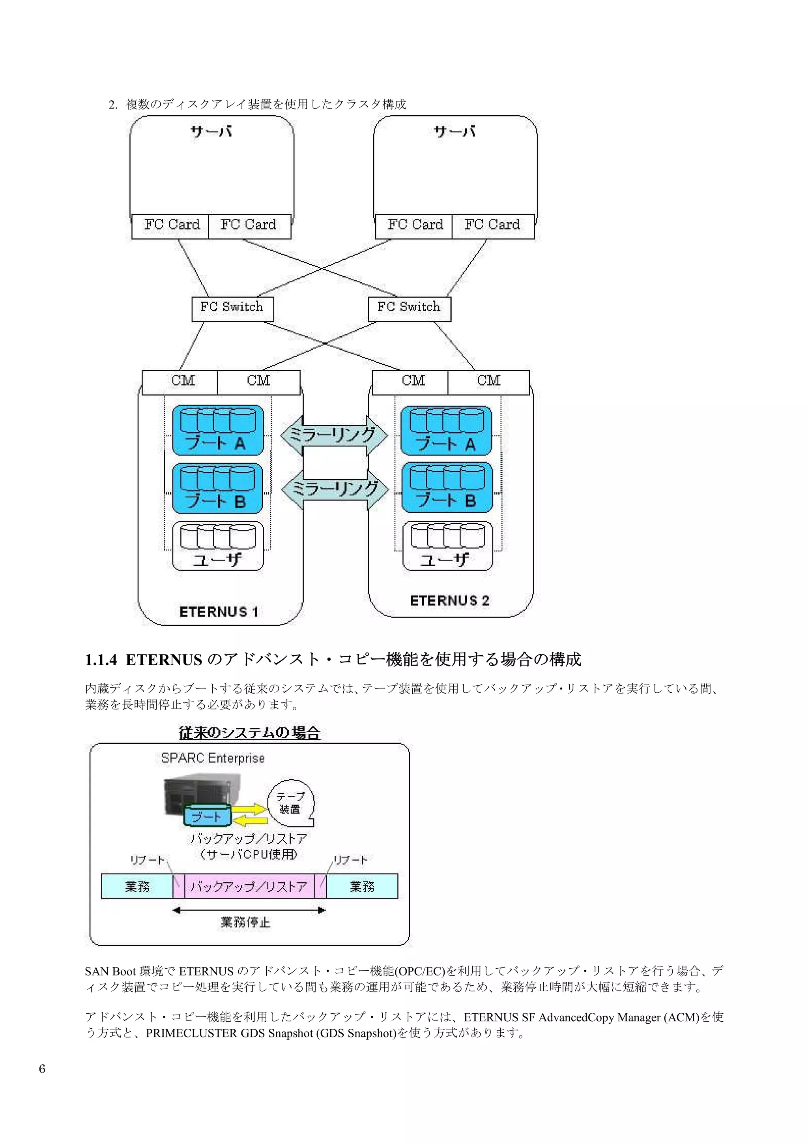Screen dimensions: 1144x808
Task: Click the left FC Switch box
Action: point(232,309)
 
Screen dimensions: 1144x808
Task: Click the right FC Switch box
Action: point(409,309)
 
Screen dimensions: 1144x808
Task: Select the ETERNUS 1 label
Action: point(219,611)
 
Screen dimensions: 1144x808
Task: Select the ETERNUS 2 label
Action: point(449,600)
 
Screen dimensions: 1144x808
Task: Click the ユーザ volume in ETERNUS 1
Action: point(217,546)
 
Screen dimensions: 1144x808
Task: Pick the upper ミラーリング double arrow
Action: point(334,435)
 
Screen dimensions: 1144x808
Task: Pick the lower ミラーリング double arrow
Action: point(335,489)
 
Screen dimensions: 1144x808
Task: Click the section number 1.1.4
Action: point(101,660)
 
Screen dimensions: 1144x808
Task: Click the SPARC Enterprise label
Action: point(213,758)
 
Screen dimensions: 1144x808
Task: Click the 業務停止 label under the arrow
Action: point(245,922)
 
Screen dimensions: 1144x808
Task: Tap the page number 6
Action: point(42,1069)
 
